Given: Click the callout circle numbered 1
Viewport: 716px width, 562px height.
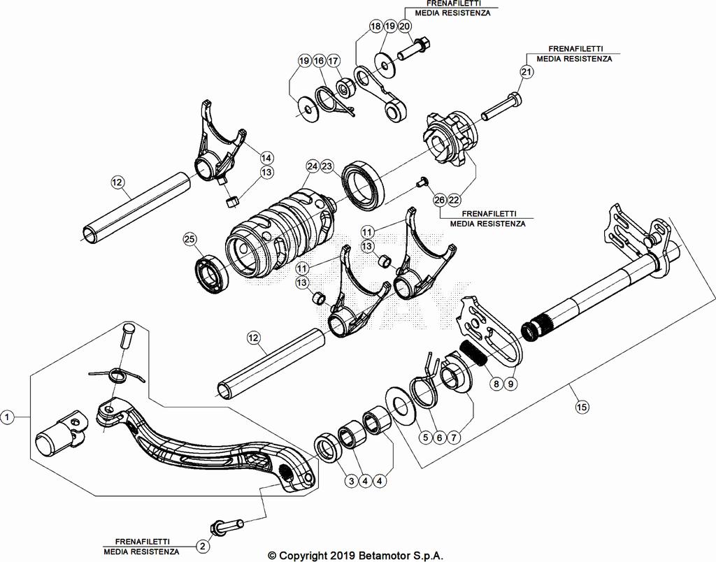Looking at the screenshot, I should pyautogui.click(x=7, y=417).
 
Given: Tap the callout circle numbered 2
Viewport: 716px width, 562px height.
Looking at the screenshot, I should pyautogui.click(x=202, y=545).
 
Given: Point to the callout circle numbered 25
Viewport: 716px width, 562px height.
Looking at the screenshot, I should pyautogui.click(x=189, y=239).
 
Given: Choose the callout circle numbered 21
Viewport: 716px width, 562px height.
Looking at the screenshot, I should pyautogui.click(x=526, y=71).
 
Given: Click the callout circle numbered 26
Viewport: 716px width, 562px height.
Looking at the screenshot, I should pyautogui.click(x=438, y=200).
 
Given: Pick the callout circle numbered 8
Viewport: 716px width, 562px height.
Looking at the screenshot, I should pyautogui.click(x=496, y=383).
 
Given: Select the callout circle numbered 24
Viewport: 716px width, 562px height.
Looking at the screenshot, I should pyautogui.click(x=312, y=166).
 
